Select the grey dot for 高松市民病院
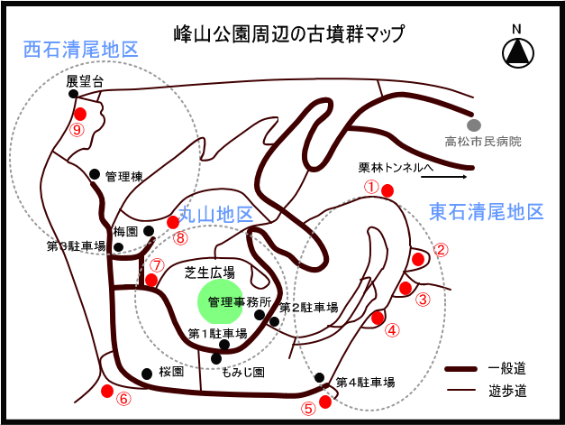(472, 125)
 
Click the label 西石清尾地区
(81, 49)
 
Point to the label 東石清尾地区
(487, 213)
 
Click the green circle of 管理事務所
(226, 301)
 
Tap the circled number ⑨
(77, 130)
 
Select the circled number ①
(371, 186)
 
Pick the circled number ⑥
(123, 398)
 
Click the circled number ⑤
(309, 407)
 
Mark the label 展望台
(86, 81)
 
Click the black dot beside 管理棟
(95, 173)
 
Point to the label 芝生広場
(210, 271)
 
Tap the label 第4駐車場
(365, 383)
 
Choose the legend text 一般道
(506, 369)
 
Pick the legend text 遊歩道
(506, 391)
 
